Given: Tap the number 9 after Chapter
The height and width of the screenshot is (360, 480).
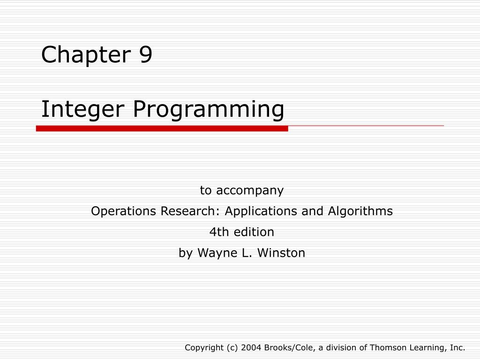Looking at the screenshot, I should pyautogui.click(x=145, y=55).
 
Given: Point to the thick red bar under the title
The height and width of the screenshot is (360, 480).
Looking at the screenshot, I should pyautogui.click(x=162, y=128).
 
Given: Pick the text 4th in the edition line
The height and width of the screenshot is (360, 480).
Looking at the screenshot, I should pyautogui.click(x=217, y=232).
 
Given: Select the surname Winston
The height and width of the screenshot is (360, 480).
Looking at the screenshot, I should pyautogui.click(x=283, y=253).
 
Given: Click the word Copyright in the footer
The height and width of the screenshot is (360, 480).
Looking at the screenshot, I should pyautogui.click(x=204, y=347).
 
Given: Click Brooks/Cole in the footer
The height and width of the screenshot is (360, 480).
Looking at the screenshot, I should pyautogui.click(x=284, y=347).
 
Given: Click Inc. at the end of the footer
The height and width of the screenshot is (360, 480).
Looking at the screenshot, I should pyautogui.click(x=457, y=347).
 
